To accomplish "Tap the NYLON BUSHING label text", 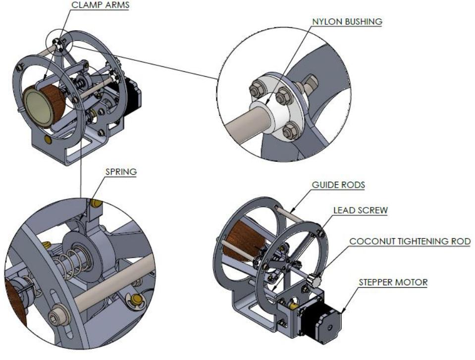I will tap(346, 22).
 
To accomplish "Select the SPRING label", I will tap(120, 172).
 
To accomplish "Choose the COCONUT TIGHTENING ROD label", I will tap(410, 241).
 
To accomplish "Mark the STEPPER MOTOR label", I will tap(392, 283).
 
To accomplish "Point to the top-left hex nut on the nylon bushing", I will tap(257, 91).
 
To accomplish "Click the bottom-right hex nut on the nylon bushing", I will tap(291, 131).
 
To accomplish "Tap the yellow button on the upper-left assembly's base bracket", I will tap(48, 140).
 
